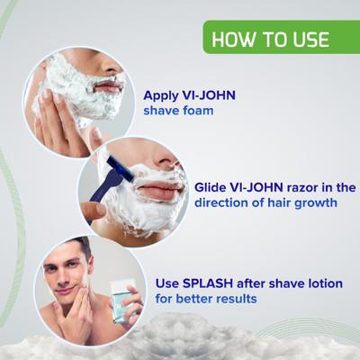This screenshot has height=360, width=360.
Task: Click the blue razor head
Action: pos(118,169)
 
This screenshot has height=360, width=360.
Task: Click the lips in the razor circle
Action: pos(158,192)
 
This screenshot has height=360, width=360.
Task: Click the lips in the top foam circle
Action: pos(110,86)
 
